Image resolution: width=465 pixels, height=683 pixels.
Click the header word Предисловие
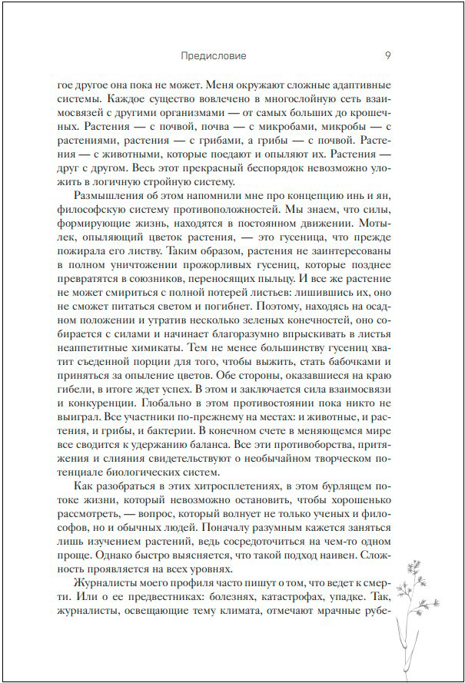[x=213, y=55]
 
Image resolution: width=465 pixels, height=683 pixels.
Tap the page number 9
[x=387, y=55]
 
